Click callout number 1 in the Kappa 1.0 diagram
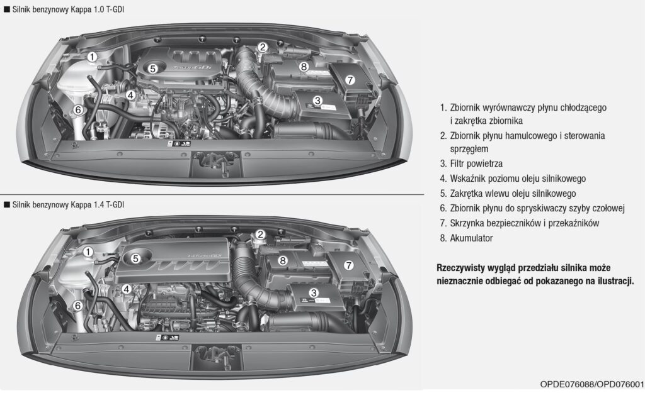pos(92,57)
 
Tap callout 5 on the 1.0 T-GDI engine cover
pos(152,69)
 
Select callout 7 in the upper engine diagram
pos(350,80)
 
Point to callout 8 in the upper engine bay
pos(304,66)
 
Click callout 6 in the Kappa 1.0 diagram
pos(78,110)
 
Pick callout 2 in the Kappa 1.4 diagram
pos(260,235)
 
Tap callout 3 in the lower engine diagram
pos(314,293)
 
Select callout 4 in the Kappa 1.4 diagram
pos(127,289)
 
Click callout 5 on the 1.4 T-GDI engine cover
pos(135,258)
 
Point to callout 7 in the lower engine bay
pos(348,265)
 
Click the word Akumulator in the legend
pos(471,238)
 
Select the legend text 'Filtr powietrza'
pos(476,163)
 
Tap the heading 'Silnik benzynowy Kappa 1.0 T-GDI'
pos(68,9)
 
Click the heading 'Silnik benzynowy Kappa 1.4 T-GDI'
pos(68,204)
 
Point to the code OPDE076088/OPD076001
pos(592,384)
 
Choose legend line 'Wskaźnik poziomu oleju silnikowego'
pos(518,179)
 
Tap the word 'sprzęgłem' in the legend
pos(469,149)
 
